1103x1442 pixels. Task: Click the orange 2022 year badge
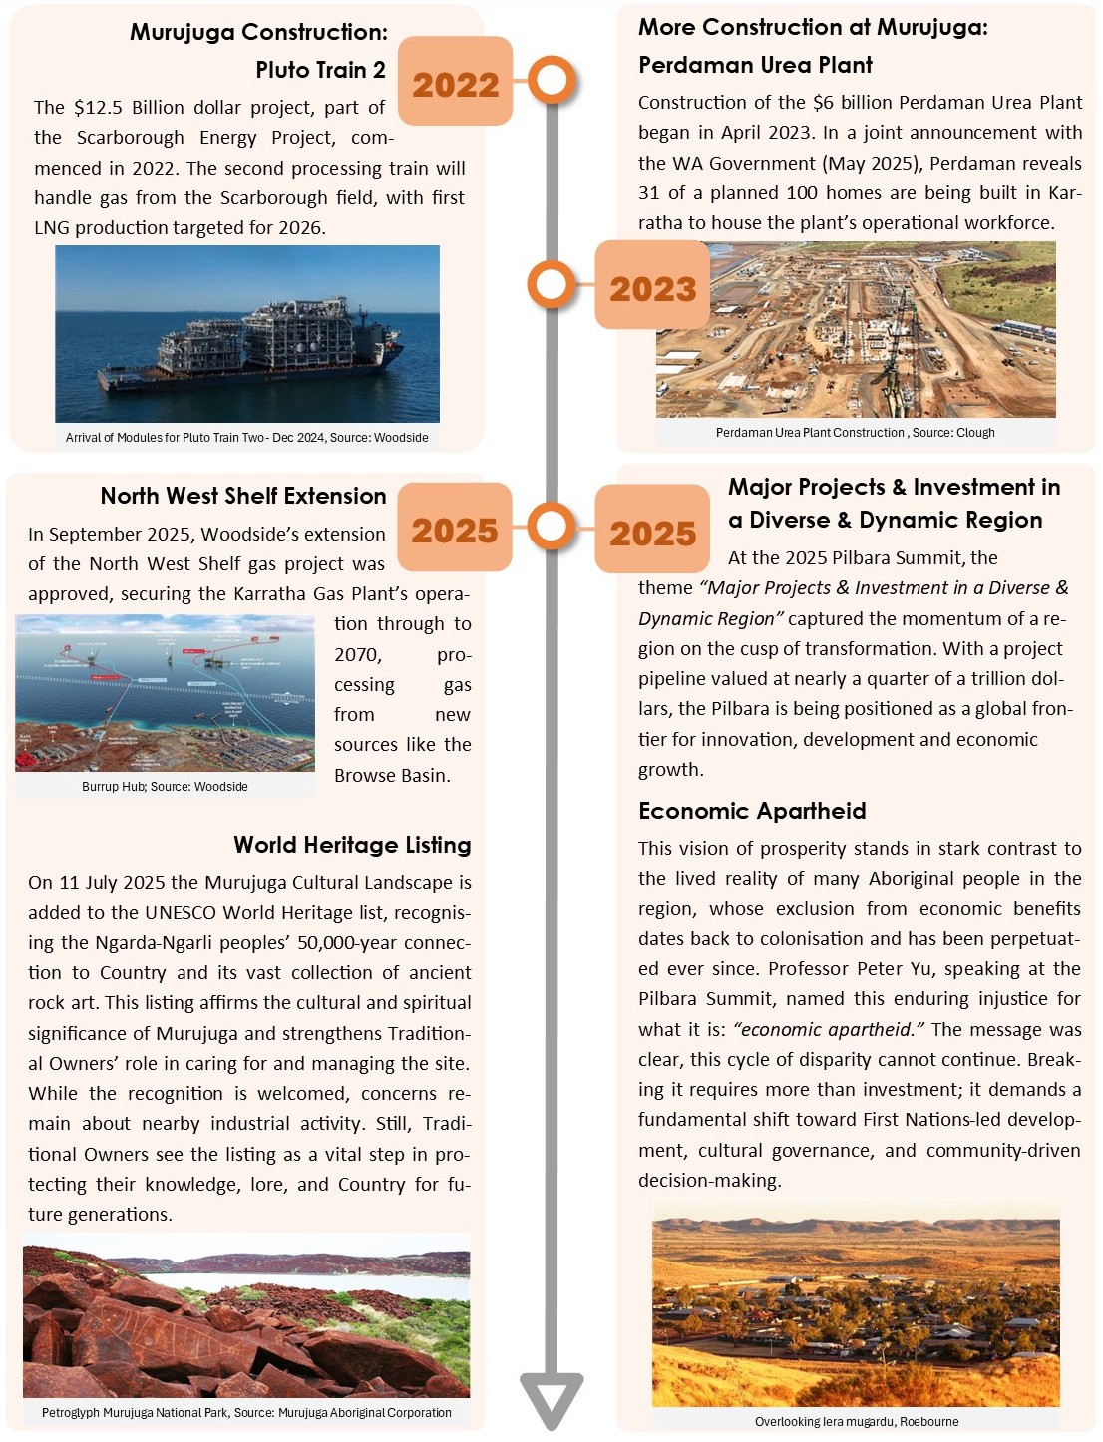click(455, 84)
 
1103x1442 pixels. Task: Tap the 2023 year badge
click(652, 288)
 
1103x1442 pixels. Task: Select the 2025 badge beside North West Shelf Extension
click(455, 530)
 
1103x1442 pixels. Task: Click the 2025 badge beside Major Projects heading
click(652, 533)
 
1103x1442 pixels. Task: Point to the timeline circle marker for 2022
click(551, 80)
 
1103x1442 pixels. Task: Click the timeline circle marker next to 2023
click(551, 284)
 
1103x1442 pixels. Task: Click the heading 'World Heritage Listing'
click(352, 845)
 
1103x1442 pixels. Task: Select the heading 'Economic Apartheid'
click(752, 811)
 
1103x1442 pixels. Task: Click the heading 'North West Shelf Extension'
click(243, 496)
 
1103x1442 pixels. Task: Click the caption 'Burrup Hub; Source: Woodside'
click(165, 787)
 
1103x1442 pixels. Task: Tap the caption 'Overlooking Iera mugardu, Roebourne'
click(856, 1422)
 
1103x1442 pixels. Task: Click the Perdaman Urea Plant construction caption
click(855, 433)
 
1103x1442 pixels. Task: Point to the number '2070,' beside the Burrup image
click(357, 655)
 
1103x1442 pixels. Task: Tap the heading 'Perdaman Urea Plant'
click(755, 66)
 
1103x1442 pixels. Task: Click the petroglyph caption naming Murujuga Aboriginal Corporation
click(246, 1413)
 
